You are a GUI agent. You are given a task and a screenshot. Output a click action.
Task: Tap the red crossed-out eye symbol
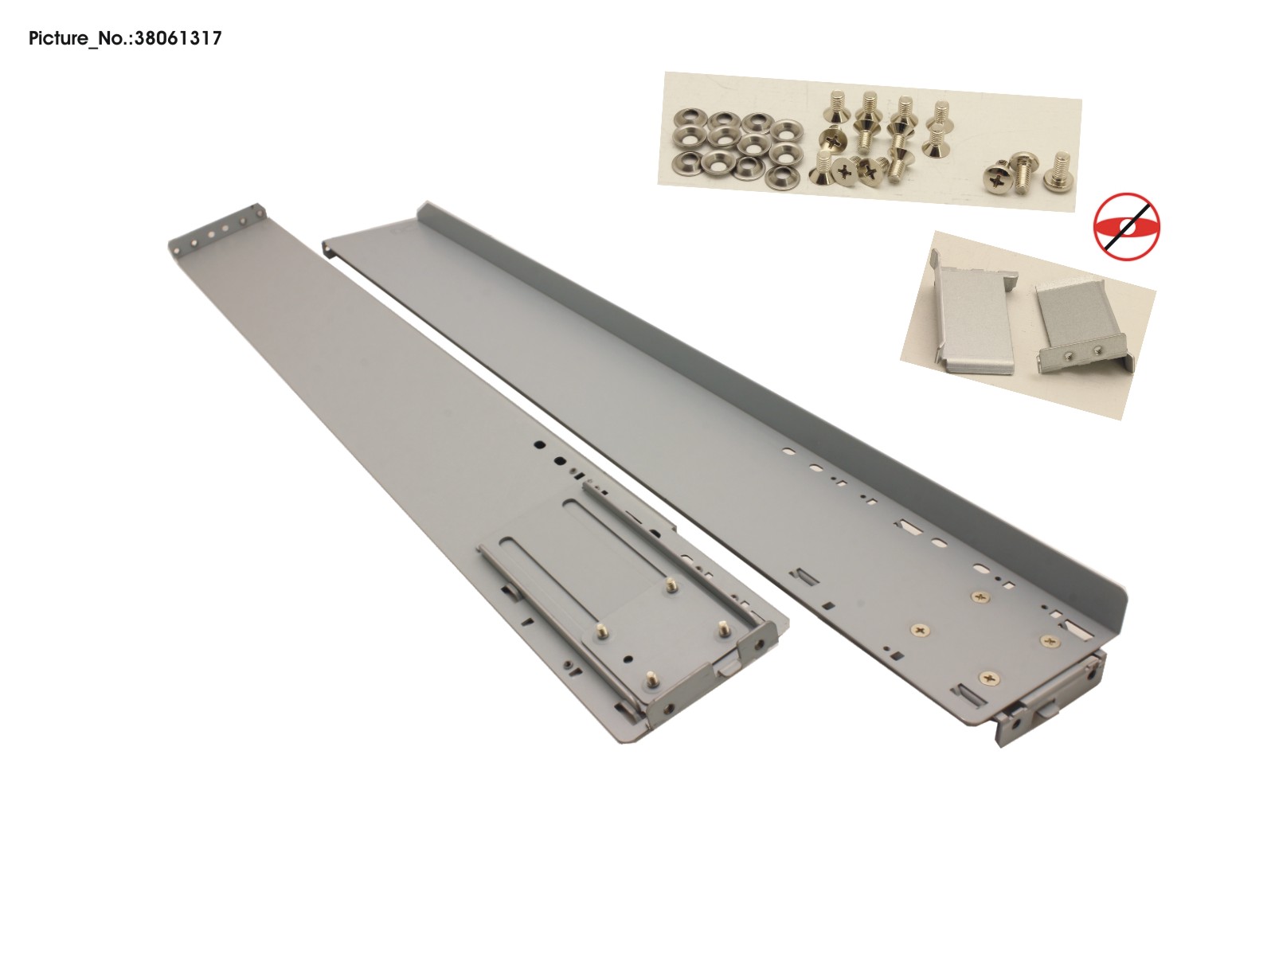[1127, 226]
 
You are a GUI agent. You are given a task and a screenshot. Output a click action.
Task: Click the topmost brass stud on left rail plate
[671, 585]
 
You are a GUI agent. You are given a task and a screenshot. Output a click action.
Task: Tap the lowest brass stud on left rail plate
[651, 679]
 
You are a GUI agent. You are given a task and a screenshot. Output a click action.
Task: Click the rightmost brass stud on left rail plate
[725, 627]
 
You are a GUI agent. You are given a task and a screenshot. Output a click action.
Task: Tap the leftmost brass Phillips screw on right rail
[921, 630]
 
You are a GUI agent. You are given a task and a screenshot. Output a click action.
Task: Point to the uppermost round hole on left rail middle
[539, 446]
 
